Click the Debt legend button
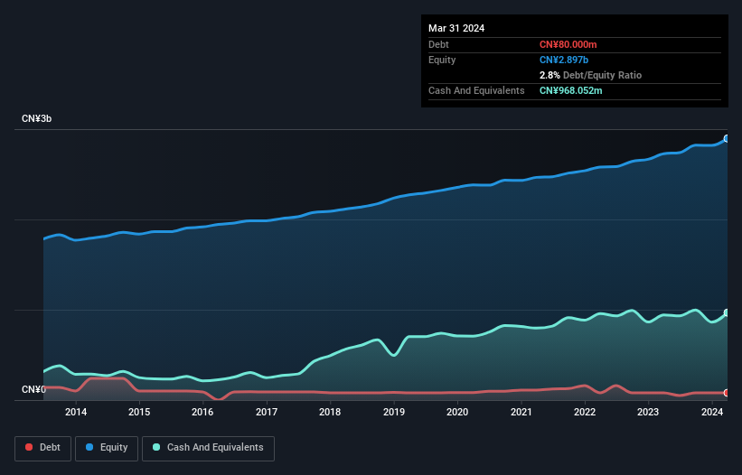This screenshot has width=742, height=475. point(42,448)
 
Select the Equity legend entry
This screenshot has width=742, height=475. point(107,448)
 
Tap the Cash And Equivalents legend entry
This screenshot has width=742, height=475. point(208,448)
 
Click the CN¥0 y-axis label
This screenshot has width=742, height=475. point(33,390)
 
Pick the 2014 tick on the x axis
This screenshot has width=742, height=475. point(76,413)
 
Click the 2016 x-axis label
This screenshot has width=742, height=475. point(203,413)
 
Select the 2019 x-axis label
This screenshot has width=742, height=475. point(394,413)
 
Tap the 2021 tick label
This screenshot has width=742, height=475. point(521,413)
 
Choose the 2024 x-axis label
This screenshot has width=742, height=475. point(711,413)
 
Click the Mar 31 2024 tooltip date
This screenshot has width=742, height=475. point(456,28)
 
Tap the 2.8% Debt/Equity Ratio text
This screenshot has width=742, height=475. point(590,75)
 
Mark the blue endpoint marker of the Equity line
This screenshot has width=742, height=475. point(726,139)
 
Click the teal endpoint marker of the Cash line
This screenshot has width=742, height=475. point(726,313)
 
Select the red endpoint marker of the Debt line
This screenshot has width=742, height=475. point(726,393)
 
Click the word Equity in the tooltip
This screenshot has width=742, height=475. point(442,60)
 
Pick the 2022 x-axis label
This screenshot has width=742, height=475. point(585,413)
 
